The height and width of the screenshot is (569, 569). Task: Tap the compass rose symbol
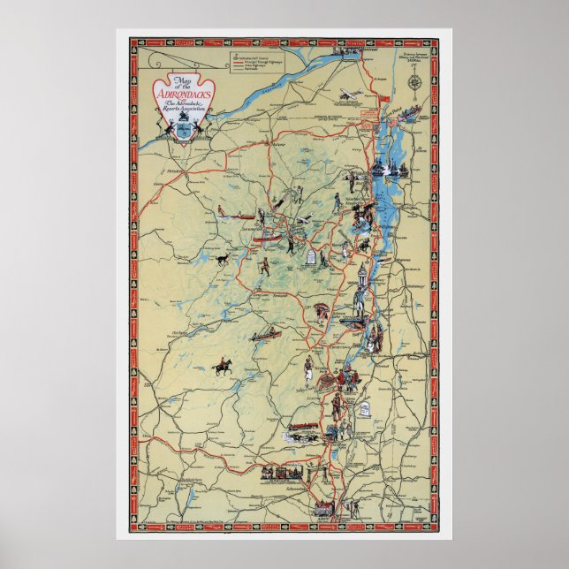[414, 83]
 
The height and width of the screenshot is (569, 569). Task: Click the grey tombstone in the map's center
[312, 257]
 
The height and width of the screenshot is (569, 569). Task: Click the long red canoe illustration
[266, 336]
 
